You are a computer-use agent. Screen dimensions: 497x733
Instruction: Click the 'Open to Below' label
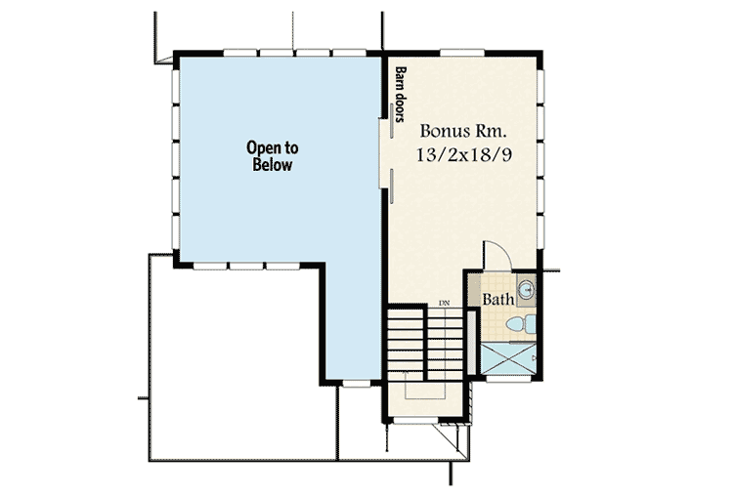272,156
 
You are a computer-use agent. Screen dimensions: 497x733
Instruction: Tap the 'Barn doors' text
401,95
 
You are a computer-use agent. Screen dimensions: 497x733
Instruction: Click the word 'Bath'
498,300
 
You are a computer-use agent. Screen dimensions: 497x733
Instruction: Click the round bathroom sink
526,289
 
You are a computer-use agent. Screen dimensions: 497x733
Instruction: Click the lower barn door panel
390,185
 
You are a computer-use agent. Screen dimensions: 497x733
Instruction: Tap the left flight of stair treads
404,341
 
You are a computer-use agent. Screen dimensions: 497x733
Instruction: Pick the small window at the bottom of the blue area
357,385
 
